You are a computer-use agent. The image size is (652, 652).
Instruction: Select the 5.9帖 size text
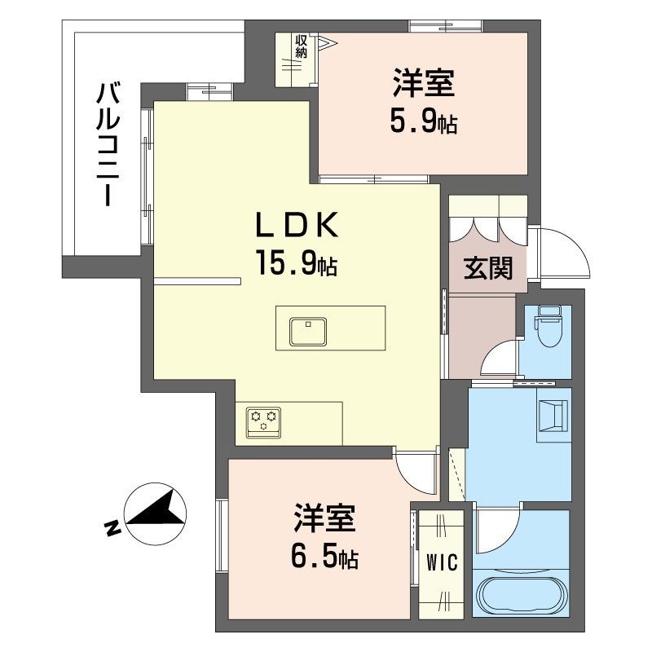coord(422,122)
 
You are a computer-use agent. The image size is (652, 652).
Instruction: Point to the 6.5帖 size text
coord(324,558)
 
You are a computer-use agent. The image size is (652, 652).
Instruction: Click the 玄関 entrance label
coord(489,268)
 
